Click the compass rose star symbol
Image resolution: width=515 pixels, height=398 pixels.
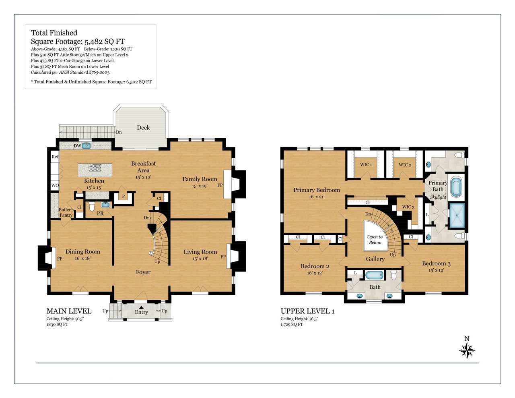[x=467, y=350]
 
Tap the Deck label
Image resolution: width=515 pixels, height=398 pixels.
[x=143, y=127]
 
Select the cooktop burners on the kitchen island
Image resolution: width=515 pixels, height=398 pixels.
[x=95, y=168]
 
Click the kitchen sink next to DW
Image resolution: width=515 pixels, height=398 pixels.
[x=86, y=145]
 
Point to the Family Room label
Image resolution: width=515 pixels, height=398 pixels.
[x=200, y=179]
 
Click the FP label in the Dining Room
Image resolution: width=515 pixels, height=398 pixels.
[x=60, y=259]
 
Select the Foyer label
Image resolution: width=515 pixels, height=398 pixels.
[x=143, y=272]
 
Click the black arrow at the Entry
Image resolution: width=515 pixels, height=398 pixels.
[x=141, y=307]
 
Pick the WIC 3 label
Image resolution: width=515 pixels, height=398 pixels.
[x=408, y=207]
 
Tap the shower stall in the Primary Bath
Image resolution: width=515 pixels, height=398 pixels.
[x=457, y=216]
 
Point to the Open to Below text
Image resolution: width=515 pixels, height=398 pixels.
[x=375, y=240]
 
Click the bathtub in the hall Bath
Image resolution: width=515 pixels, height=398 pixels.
[x=374, y=275]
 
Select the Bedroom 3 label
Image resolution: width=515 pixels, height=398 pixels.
[x=436, y=263]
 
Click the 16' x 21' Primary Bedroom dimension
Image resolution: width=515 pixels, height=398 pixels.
[x=317, y=197]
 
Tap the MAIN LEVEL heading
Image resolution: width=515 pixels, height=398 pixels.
[x=69, y=311]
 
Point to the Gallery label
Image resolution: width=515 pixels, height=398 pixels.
[x=375, y=259]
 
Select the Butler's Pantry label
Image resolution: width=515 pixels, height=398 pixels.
[x=66, y=212]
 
